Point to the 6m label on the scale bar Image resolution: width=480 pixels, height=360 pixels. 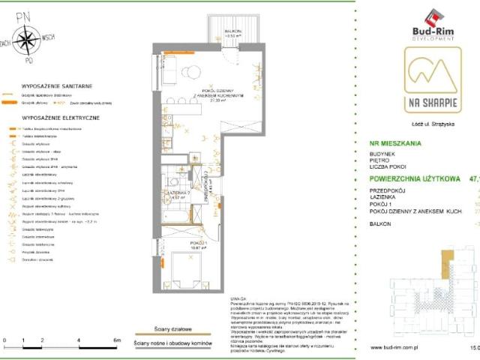coord(117,340)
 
